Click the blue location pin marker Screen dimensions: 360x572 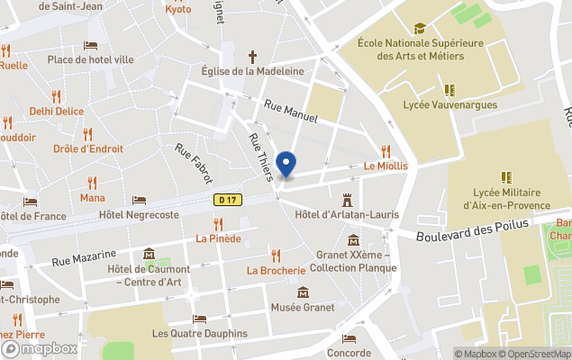(x=286, y=164)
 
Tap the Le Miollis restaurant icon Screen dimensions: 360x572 (x=386, y=151)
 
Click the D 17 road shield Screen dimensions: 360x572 (x=226, y=200)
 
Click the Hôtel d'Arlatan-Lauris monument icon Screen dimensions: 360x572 (x=347, y=198)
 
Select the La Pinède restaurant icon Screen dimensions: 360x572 (x=218, y=223)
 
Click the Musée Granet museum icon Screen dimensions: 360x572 (x=304, y=292)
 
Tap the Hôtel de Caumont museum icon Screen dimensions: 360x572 (x=149, y=254)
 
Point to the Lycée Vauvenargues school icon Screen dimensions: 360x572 (x=449, y=90)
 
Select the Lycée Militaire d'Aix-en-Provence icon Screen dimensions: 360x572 (x=505, y=177)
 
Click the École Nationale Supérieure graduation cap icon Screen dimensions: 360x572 (x=419, y=28)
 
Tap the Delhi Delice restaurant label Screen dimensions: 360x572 (x=56, y=112)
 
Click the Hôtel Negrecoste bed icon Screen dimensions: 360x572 (x=139, y=201)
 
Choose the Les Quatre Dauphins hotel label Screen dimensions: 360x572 (x=199, y=333)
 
